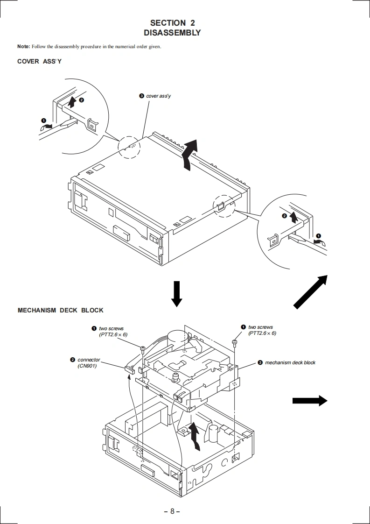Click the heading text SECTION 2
pos(172,22)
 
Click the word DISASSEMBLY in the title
pos(172,33)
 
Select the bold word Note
pos(23,46)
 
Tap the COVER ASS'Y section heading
pos(39,62)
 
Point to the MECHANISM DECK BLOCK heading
pos(60,310)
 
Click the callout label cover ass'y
pos(159,96)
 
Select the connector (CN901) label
pos(89,362)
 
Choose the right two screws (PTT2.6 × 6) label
pos(262,330)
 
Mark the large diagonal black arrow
pos(310,291)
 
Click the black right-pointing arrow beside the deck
pos(309,400)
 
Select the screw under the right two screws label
pos(235,343)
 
